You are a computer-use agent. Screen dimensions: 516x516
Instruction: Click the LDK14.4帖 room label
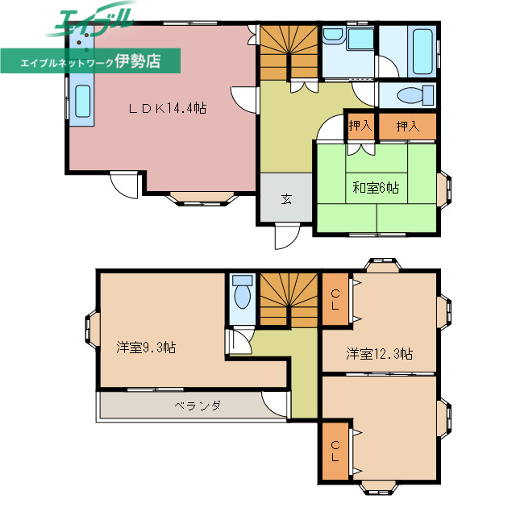point(169,107)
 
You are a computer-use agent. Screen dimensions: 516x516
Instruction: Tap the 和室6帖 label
point(375,188)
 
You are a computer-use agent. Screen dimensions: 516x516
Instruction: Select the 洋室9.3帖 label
point(146,347)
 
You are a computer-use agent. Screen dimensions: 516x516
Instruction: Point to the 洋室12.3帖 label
point(380,353)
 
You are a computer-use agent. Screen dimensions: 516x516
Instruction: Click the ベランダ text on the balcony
point(198,406)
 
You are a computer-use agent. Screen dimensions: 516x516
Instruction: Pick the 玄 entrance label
point(286,199)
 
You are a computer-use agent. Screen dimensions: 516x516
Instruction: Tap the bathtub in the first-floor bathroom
point(421,50)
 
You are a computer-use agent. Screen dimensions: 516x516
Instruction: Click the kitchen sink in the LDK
point(83,102)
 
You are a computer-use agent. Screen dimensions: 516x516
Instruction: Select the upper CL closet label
point(335,299)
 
